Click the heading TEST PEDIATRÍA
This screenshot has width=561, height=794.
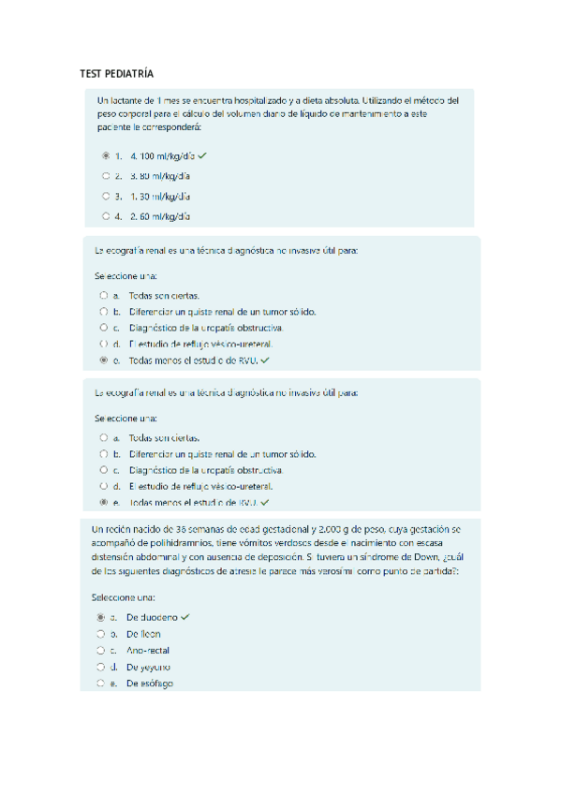[x=116, y=73]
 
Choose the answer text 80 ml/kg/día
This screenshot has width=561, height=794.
[x=159, y=175]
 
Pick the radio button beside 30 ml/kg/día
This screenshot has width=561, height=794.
[x=106, y=196]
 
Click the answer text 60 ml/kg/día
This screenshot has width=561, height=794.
[x=159, y=216]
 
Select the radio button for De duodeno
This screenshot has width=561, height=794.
[x=100, y=618]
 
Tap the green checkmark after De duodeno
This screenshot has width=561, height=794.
[x=185, y=618]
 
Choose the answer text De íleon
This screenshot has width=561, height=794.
[x=143, y=634]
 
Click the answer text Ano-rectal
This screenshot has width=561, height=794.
[x=148, y=650]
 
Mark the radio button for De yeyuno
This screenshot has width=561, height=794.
[x=100, y=667]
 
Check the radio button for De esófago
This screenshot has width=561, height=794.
[x=100, y=684]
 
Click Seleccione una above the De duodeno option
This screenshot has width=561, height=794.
[x=123, y=596]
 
